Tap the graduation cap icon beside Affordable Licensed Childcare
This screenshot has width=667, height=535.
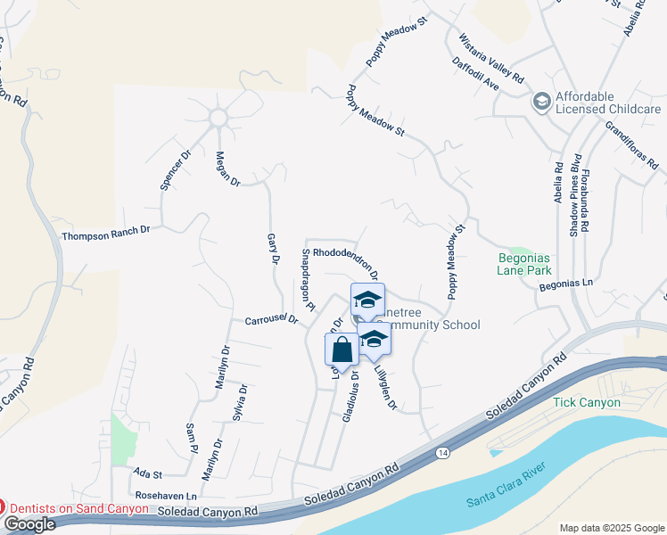(x=541, y=102)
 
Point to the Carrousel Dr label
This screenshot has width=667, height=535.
(x=270, y=319)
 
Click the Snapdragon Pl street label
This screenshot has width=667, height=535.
(x=308, y=280)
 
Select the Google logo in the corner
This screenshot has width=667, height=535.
(x=29, y=524)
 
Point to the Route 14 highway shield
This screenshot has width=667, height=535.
(x=443, y=454)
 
